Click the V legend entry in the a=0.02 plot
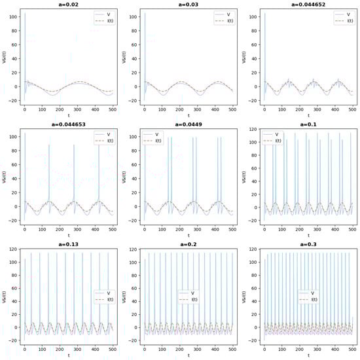pyautogui.click(x=97, y=14)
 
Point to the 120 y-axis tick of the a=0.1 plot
pyautogui.click(x=257, y=130)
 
